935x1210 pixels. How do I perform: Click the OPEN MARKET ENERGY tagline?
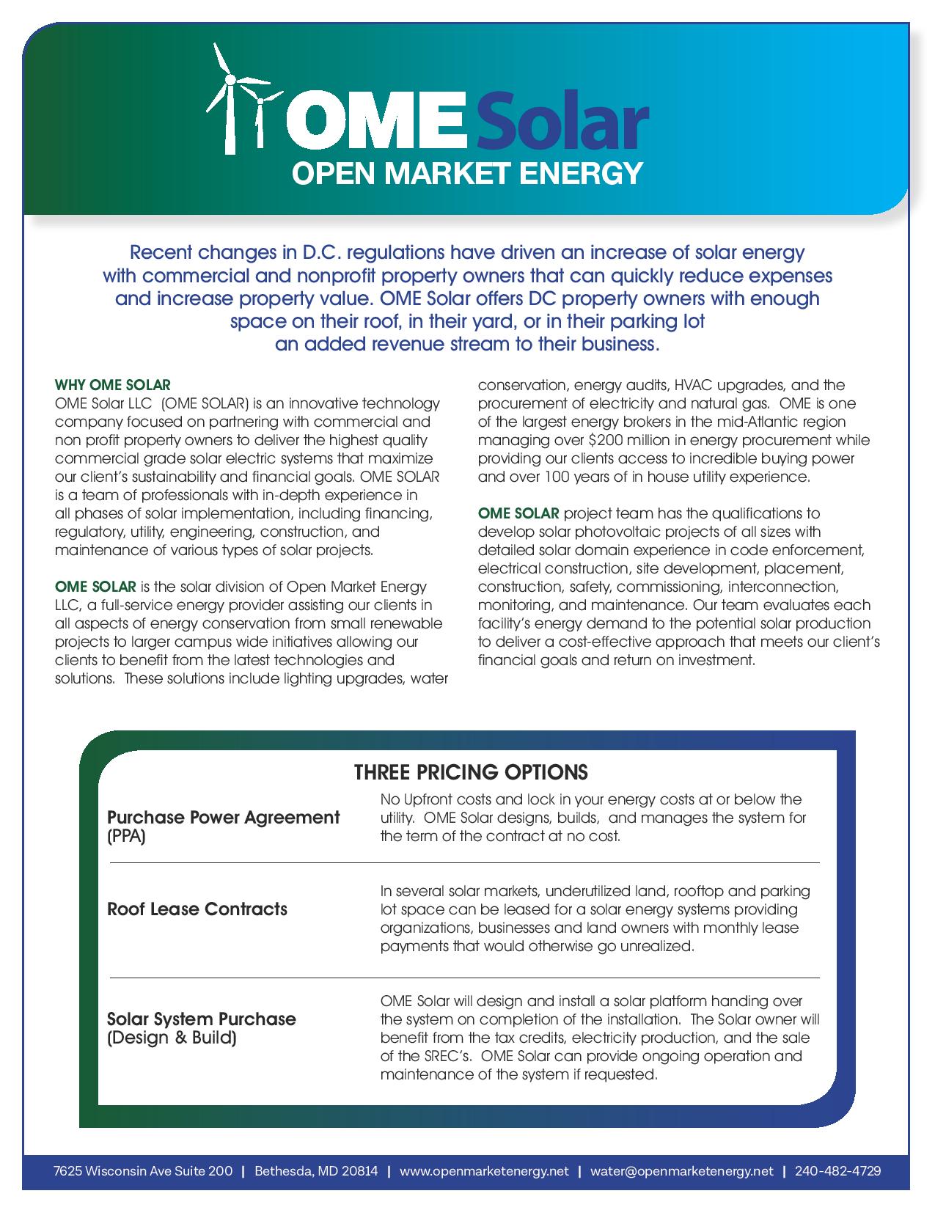[x=467, y=173]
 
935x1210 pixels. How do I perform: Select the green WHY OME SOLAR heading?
[x=113, y=385]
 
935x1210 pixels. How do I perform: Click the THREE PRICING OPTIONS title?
[x=471, y=772]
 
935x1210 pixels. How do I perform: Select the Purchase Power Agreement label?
[x=224, y=817]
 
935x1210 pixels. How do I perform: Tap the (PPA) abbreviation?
[x=126, y=836]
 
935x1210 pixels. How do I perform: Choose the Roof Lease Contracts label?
[x=197, y=909]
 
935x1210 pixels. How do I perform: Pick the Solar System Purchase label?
[x=202, y=1019]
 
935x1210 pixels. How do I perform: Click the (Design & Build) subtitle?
[x=172, y=1038]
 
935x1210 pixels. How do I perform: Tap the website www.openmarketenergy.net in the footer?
[x=484, y=1170]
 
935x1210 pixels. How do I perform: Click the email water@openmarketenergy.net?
[x=681, y=1170]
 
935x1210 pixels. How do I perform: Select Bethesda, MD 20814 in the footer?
[x=316, y=1170]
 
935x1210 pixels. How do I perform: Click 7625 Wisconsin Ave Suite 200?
[x=143, y=1170]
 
